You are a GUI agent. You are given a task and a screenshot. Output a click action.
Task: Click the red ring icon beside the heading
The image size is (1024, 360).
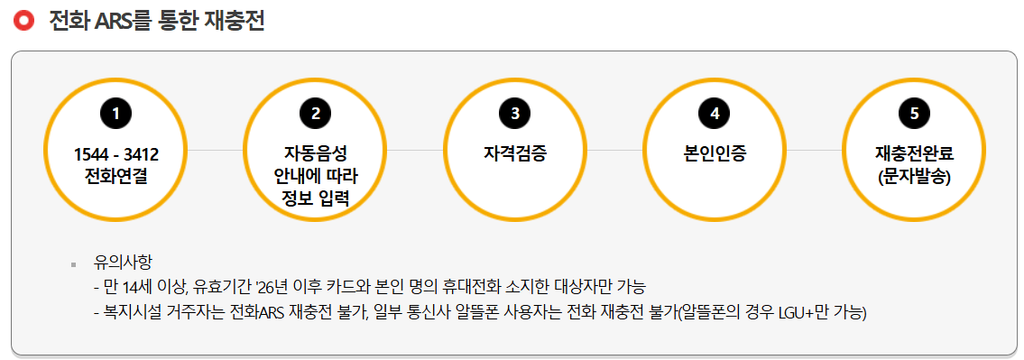pyautogui.click(x=23, y=21)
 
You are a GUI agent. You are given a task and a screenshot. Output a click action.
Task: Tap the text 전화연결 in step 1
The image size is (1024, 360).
pyautogui.click(x=115, y=175)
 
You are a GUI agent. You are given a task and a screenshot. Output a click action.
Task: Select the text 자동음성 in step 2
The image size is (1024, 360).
pyautogui.click(x=315, y=153)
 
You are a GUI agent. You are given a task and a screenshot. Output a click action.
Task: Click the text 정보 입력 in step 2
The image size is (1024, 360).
pyautogui.click(x=315, y=197)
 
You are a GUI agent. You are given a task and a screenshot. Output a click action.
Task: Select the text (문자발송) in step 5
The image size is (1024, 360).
pyautogui.click(x=913, y=175)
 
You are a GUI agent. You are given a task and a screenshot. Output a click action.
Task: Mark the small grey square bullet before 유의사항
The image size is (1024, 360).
pyautogui.click(x=73, y=264)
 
